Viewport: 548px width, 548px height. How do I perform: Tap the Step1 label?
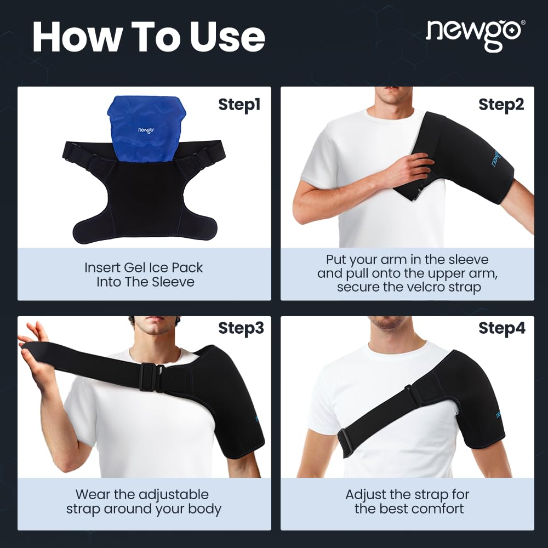pyautogui.click(x=239, y=105)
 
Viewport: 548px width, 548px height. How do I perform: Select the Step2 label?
pyautogui.click(x=501, y=105)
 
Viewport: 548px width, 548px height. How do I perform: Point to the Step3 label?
pyautogui.click(x=241, y=328)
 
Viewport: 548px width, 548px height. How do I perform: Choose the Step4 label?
pyautogui.click(x=502, y=328)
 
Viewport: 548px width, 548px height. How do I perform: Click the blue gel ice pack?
pyautogui.click(x=147, y=129)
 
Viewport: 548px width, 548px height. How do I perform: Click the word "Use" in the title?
pyautogui.click(x=227, y=37)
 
